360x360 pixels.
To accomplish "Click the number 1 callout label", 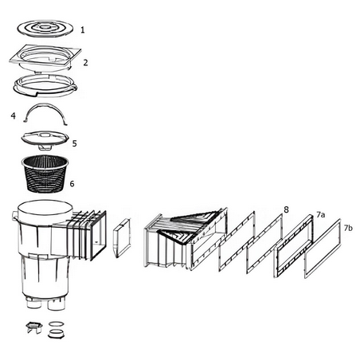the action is click(83, 29).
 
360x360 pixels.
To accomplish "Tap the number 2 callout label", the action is click(85, 62).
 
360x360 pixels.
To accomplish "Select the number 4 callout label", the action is click(13, 115).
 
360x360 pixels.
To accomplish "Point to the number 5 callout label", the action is click(75, 143).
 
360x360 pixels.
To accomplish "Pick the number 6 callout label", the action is click(72, 183).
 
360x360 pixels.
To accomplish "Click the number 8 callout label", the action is click(286, 209).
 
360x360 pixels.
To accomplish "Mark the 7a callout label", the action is click(320, 214).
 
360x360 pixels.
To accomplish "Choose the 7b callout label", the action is click(348, 228).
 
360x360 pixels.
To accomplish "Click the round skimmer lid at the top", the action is click(45, 28).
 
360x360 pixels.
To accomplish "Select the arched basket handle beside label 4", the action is click(45, 105).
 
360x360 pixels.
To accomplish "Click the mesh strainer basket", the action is click(45, 174).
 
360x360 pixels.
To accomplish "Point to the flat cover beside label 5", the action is click(45, 138).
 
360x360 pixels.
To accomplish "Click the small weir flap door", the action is click(122, 238).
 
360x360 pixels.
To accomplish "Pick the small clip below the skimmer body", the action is click(34, 327).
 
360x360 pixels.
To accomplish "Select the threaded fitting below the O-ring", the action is click(56, 334).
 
